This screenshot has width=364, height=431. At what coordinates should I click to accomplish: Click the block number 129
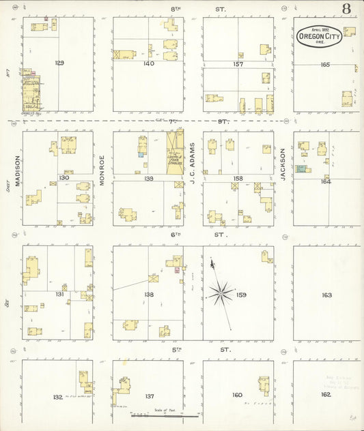59,63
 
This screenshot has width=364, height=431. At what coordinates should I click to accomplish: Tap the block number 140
148,63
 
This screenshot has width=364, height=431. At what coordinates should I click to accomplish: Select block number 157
238,63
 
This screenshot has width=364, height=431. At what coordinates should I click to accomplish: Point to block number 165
325,64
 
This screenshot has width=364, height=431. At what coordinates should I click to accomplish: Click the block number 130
64,177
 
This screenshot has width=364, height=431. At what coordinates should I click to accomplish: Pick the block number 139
148,178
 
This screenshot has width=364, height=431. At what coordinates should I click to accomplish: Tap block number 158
238,178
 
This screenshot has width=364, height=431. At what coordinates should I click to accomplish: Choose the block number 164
325,181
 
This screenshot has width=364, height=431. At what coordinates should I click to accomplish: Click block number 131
60,294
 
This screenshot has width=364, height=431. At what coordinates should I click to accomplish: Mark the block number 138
148,294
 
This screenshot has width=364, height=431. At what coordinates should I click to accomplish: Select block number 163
326,295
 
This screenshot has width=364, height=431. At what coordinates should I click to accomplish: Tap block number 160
237,395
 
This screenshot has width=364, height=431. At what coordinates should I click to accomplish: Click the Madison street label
17,170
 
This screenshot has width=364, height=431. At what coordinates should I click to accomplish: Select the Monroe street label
102,170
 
